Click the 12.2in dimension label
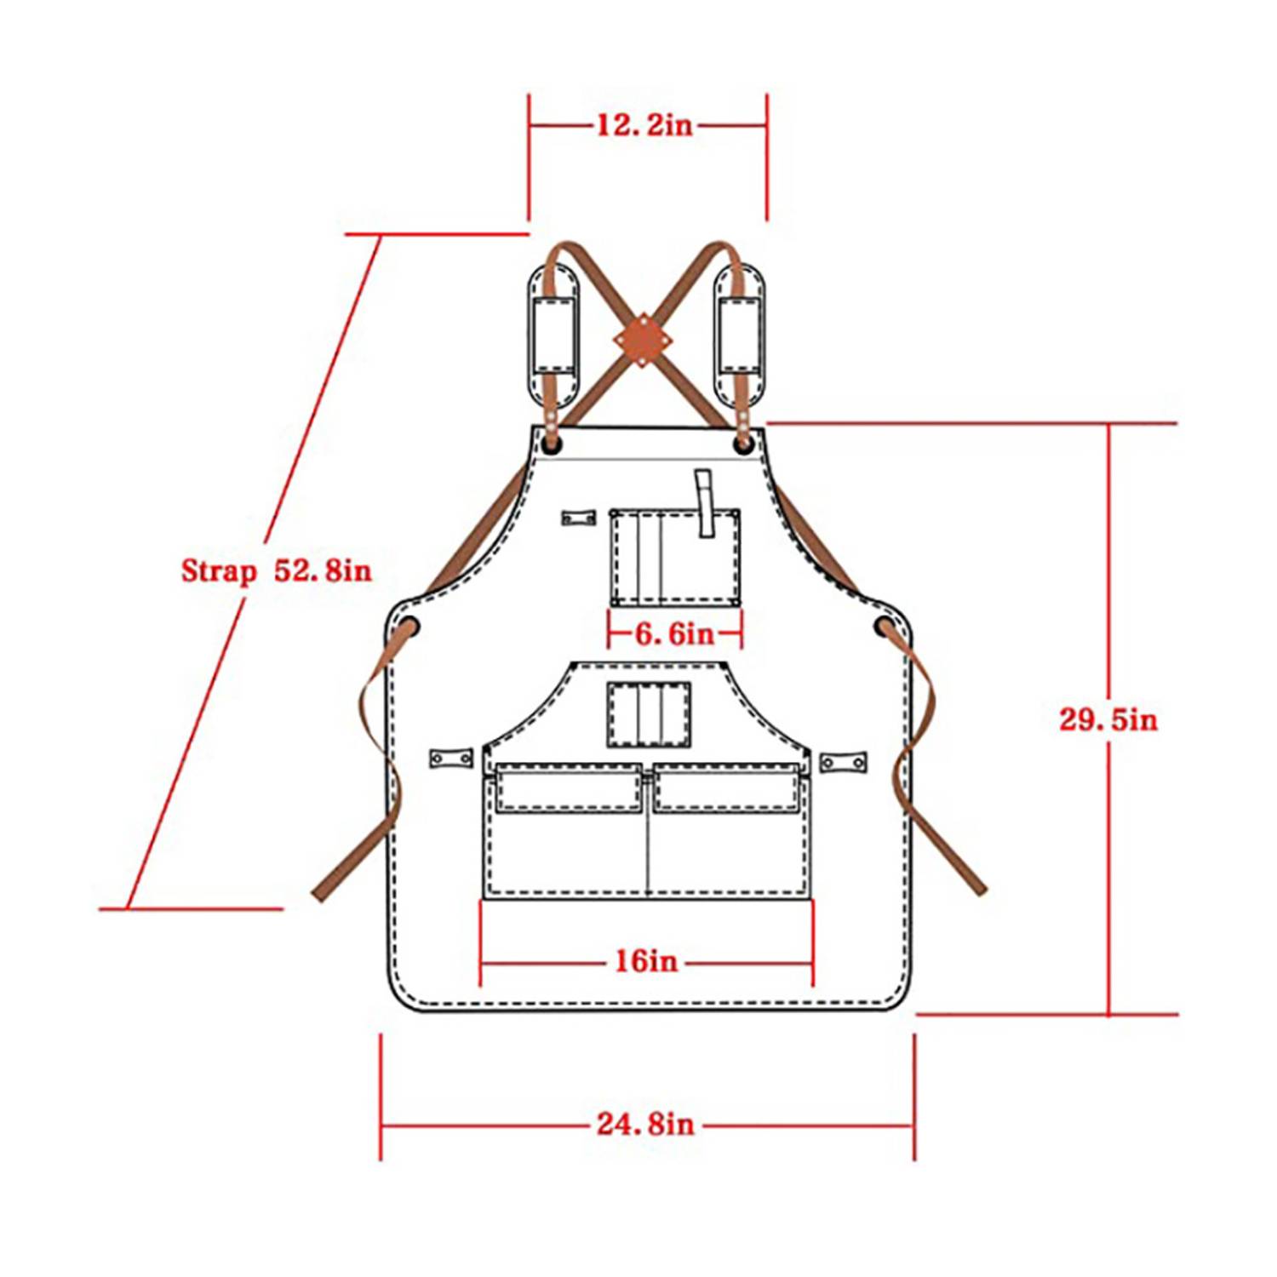coord(644,125)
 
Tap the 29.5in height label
coord(1108,719)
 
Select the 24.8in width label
coord(645,1124)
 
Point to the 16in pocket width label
coord(647,961)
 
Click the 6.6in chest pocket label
coord(675,633)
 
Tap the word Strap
coord(218,570)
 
